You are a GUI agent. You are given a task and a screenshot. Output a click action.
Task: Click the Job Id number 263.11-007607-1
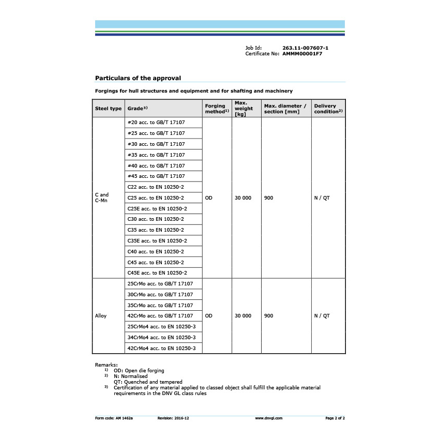pyautogui.click(x=305, y=48)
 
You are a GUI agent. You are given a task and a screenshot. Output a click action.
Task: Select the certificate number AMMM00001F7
pyautogui.click(x=302, y=53)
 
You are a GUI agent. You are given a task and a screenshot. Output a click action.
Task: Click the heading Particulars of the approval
pyautogui.click(x=138, y=78)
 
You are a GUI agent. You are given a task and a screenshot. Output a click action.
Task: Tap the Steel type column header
pyautogui.click(x=108, y=109)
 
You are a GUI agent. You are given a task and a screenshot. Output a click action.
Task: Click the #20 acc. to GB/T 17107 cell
pyautogui.click(x=156, y=123)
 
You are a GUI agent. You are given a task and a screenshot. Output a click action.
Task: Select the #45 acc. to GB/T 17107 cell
pyautogui.click(x=156, y=176)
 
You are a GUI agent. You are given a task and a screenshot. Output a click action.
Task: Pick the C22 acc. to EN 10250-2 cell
pyautogui.click(x=156, y=187)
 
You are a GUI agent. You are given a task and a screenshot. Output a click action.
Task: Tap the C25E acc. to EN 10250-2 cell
pyautogui.click(x=157, y=208)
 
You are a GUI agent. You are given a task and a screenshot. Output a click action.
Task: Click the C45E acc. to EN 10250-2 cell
pyautogui.click(x=157, y=273)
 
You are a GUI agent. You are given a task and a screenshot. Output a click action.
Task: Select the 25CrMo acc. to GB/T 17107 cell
pyautogui.click(x=160, y=283)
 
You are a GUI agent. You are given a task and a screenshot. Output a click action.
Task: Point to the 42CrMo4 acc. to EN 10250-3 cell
pyautogui.click(x=161, y=348)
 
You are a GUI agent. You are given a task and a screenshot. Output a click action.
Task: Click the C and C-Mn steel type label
pyautogui.click(x=102, y=198)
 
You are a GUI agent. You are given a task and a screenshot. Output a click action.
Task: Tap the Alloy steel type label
pyautogui.click(x=101, y=315)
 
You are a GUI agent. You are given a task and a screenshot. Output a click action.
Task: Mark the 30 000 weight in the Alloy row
pyautogui.click(x=243, y=315)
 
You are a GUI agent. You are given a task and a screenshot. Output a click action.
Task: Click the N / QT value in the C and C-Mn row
pyautogui.click(x=322, y=198)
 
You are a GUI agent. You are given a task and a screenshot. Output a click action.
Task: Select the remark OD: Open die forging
pyautogui.click(x=139, y=370)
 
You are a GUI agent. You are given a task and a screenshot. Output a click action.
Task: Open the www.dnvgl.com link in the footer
pyautogui.click(x=269, y=418)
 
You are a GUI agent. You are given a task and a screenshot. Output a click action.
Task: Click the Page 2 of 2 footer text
pyautogui.click(x=335, y=418)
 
